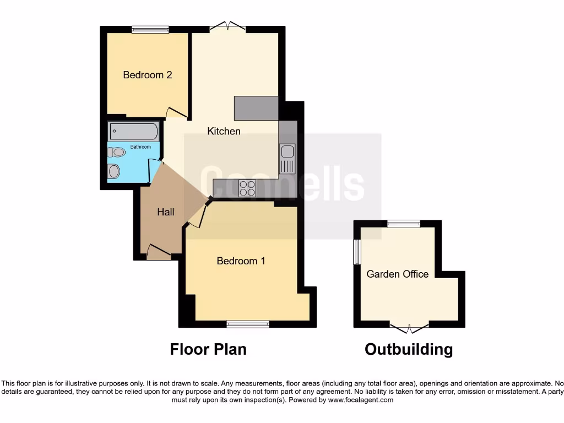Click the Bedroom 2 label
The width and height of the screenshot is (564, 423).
click(147, 75)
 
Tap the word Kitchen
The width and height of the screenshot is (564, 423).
click(224, 131)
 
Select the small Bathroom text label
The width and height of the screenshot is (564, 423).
click(140, 147)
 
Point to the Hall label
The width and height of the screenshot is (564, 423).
click(165, 211)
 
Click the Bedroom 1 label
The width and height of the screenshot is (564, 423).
click(241, 261)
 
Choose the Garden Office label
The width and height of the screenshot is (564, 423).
click(397, 274)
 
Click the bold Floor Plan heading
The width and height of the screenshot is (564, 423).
click(208, 349)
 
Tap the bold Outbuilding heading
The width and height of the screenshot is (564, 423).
click(409, 349)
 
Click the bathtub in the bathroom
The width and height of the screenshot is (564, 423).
click(134, 132)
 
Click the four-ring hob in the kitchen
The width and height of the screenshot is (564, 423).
click(247, 189)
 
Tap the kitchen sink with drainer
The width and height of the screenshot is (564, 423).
click(287, 158)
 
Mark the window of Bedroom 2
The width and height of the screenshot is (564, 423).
click(150, 30)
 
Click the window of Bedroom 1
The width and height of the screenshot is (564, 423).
click(247, 324)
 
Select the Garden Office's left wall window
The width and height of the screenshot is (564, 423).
click(357, 252)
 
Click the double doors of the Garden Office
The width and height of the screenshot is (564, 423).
click(409, 328)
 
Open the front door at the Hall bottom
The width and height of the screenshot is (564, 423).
click(159, 253)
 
